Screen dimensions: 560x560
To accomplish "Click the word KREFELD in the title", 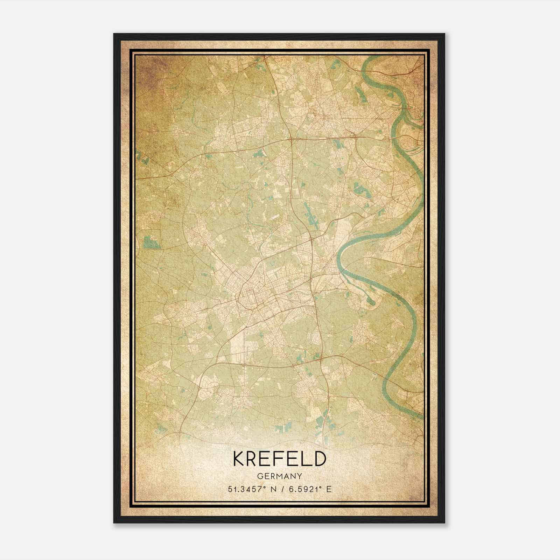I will (x=279, y=459).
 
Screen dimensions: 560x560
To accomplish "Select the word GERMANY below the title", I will (x=279, y=476).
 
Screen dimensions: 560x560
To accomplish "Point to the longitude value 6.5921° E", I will (x=308, y=489).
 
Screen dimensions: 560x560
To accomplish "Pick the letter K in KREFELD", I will (x=240, y=459).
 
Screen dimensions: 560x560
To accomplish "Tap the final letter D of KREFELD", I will (x=319, y=459).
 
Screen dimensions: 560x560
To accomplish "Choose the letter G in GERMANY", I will (x=260, y=476).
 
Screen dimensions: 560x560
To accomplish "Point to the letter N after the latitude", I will (x=268, y=489).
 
